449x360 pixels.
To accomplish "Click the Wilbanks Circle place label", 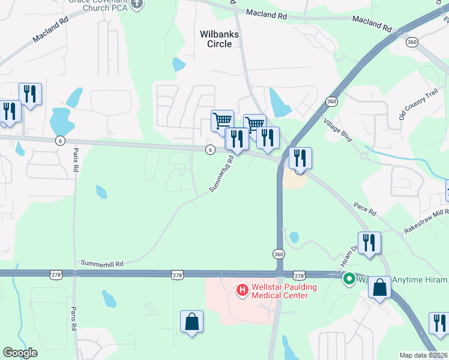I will point(219,39).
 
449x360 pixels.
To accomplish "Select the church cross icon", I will point(137,4).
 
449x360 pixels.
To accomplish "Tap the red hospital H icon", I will point(243,291).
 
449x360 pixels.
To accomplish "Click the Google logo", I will point(20,353).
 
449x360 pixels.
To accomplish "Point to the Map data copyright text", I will point(423,355).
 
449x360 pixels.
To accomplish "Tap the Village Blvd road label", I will point(337,128).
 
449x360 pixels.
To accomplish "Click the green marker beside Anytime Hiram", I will point(348,279).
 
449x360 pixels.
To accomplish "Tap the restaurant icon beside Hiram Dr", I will point(369,242).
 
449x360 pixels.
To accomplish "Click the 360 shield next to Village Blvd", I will point(331,101).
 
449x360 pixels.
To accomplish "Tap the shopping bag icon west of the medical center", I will point(192,321).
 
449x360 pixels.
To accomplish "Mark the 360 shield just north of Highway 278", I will point(279,254).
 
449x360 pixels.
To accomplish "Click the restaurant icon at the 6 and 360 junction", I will point(300,158).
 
